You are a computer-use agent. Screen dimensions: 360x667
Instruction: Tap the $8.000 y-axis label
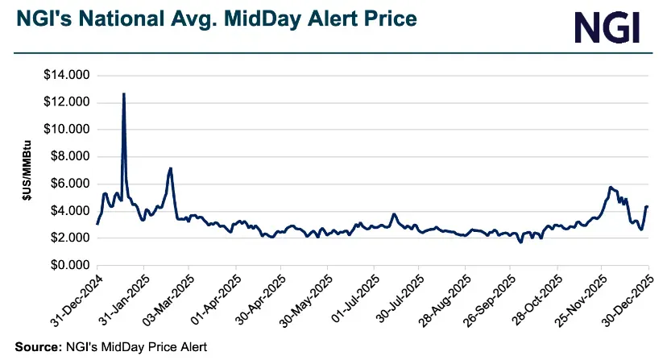68,157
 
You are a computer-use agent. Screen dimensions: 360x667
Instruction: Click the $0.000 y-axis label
68,265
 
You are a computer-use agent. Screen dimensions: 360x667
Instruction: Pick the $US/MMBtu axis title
25,170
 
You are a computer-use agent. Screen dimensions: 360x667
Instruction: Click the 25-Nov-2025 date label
581,298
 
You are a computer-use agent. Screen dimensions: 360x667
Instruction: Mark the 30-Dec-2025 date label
628,298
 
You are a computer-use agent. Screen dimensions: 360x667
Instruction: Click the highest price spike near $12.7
123,94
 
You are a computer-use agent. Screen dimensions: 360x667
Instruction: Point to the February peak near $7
170,168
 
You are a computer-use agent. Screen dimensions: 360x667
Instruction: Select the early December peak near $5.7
610,187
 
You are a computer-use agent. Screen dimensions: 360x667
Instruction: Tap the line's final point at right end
647,207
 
